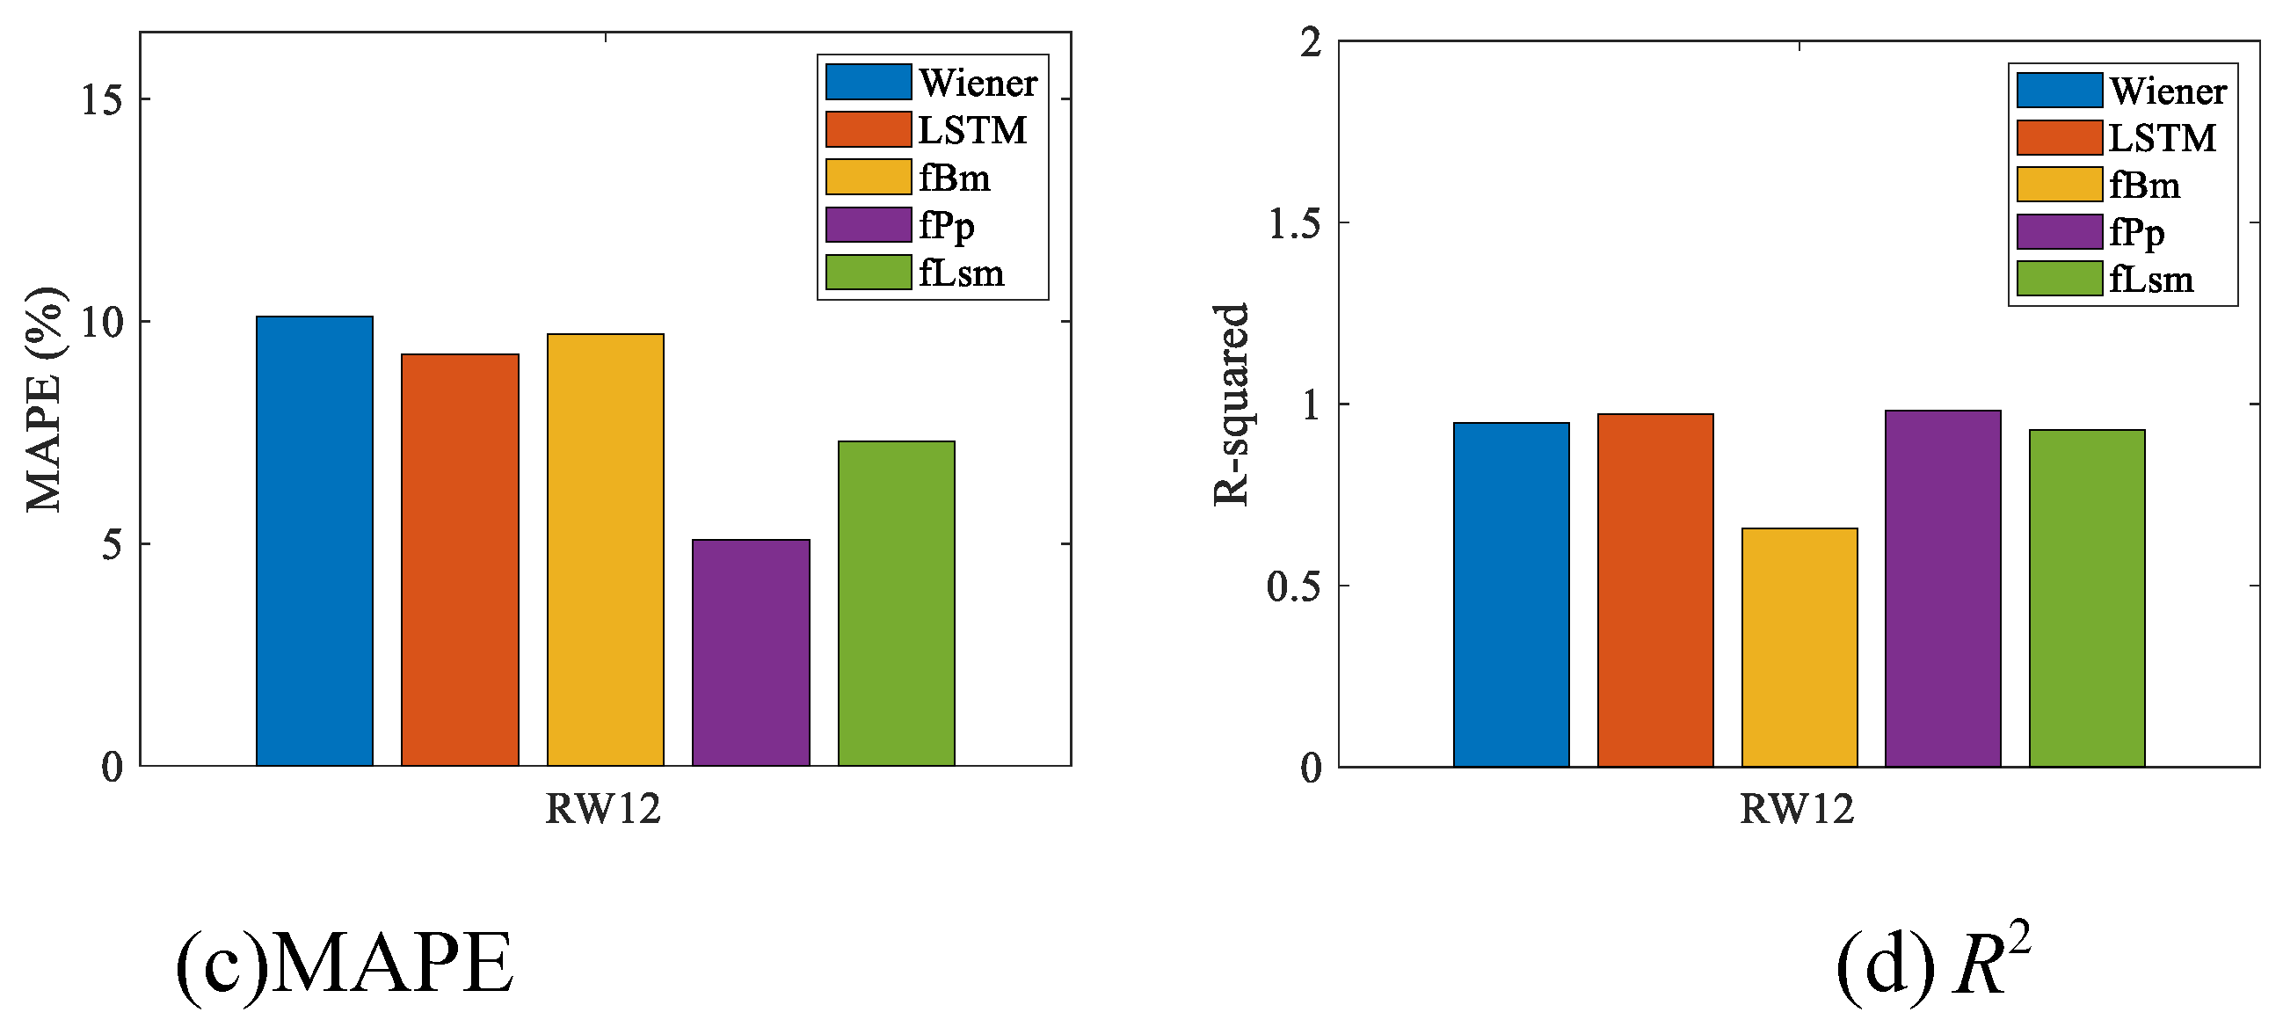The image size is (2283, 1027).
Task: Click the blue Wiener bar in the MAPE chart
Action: pos(315,541)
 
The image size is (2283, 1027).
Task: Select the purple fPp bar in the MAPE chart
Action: pos(751,652)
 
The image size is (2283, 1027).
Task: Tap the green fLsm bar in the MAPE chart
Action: pos(896,602)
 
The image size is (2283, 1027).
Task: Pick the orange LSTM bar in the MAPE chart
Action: pos(460,560)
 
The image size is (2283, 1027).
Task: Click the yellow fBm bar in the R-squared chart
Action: pos(1799,647)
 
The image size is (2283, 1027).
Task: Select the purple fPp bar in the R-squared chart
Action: pos(1943,588)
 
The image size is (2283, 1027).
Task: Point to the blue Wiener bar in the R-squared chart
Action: pos(1511,594)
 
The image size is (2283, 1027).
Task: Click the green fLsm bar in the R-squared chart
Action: pos(2087,598)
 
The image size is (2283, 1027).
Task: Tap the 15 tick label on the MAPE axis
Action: pos(101,99)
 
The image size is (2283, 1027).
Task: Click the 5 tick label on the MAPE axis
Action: pos(112,544)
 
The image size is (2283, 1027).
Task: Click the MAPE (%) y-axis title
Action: pos(44,398)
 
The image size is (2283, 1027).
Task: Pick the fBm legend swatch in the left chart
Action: pos(868,177)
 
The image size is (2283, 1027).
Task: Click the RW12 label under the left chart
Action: pos(603,809)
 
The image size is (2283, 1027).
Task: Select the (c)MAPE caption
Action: pos(345,964)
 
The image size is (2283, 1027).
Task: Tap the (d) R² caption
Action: pos(1932,964)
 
